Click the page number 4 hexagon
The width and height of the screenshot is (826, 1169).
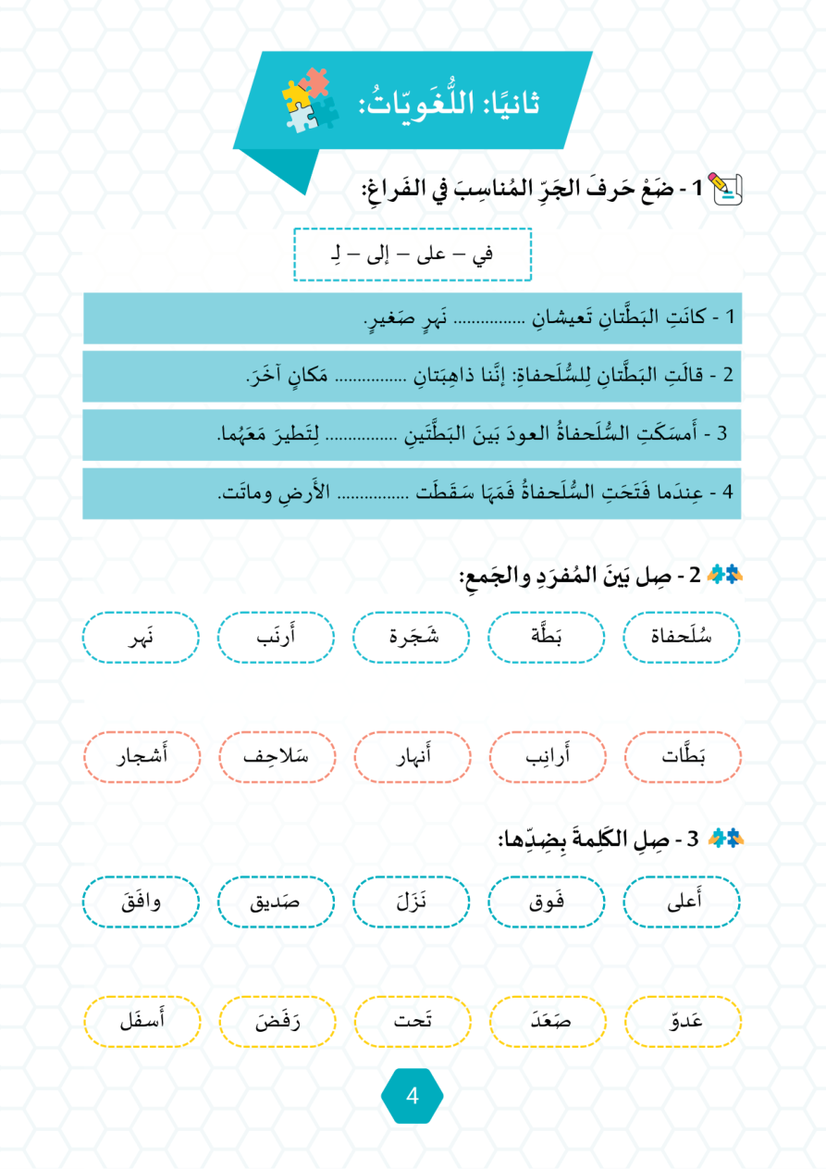pyautogui.click(x=413, y=1096)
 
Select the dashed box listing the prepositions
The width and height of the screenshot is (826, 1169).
pyautogui.click(x=413, y=254)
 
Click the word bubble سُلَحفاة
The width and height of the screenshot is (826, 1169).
pyautogui.click(x=683, y=638)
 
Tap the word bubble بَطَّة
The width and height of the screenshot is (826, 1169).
pyautogui.click(x=547, y=638)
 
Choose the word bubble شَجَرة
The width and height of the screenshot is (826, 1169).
pyautogui.click(x=411, y=638)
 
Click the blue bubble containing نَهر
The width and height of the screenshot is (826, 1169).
pyautogui.click(x=141, y=638)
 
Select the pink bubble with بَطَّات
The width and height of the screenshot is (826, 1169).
pyautogui.click(x=683, y=756)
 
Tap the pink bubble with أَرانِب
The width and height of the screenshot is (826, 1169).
pyautogui.click(x=547, y=756)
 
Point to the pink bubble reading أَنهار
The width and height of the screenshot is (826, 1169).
pyautogui.click(x=411, y=756)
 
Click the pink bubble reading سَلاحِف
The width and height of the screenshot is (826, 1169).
pyautogui.click(x=277, y=756)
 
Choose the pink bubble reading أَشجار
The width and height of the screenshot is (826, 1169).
pyautogui.click(x=141, y=756)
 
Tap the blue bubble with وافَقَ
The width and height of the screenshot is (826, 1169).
pyautogui.click(x=141, y=902)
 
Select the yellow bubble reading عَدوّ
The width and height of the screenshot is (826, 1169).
pyautogui.click(x=683, y=1022)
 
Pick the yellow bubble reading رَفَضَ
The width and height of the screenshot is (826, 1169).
pyautogui.click(x=277, y=1022)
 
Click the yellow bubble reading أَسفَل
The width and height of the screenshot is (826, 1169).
pyautogui.click(x=141, y=1022)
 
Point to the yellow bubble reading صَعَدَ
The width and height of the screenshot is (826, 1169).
pyautogui.click(x=547, y=1022)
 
